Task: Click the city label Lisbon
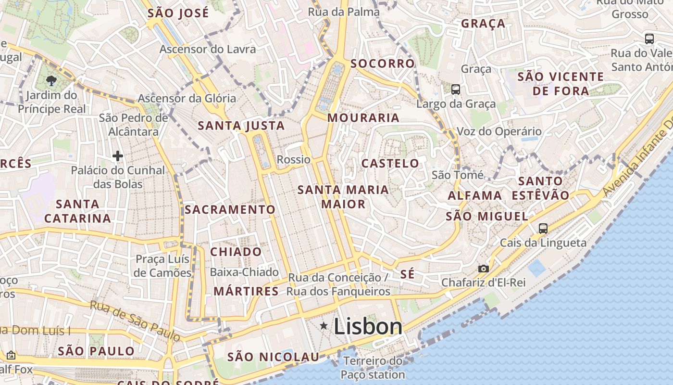pyautogui.click(x=368, y=327)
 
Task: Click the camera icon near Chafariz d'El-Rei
pyautogui.click(x=483, y=269)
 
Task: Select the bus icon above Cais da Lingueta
pyautogui.click(x=543, y=228)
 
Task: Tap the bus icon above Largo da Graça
pyautogui.click(x=455, y=89)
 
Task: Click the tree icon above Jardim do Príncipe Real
pyautogui.click(x=51, y=80)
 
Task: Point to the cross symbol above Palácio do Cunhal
pyautogui.click(x=118, y=155)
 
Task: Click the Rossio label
pyautogui.click(x=294, y=159)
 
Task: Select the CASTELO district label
pyautogui.click(x=390, y=163)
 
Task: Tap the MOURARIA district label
pyautogui.click(x=363, y=118)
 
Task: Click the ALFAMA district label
pyautogui.click(x=475, y=195)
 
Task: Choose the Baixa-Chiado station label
pyautogui.click(x=244, y=272)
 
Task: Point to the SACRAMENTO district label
pyautogui.click(x=230, y=209)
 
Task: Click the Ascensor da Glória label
pyautogui.click(x=187, y=98)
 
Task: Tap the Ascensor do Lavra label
pyautogui.click(x=208, y=49)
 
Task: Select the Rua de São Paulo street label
pyautogui.click(x=135, y=321)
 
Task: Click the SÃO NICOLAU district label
pyautogui.click(x=273, y=357)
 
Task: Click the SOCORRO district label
pyautogui.click(x=382, y=64)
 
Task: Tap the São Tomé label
pyautogui.click(x=458, y=175)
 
